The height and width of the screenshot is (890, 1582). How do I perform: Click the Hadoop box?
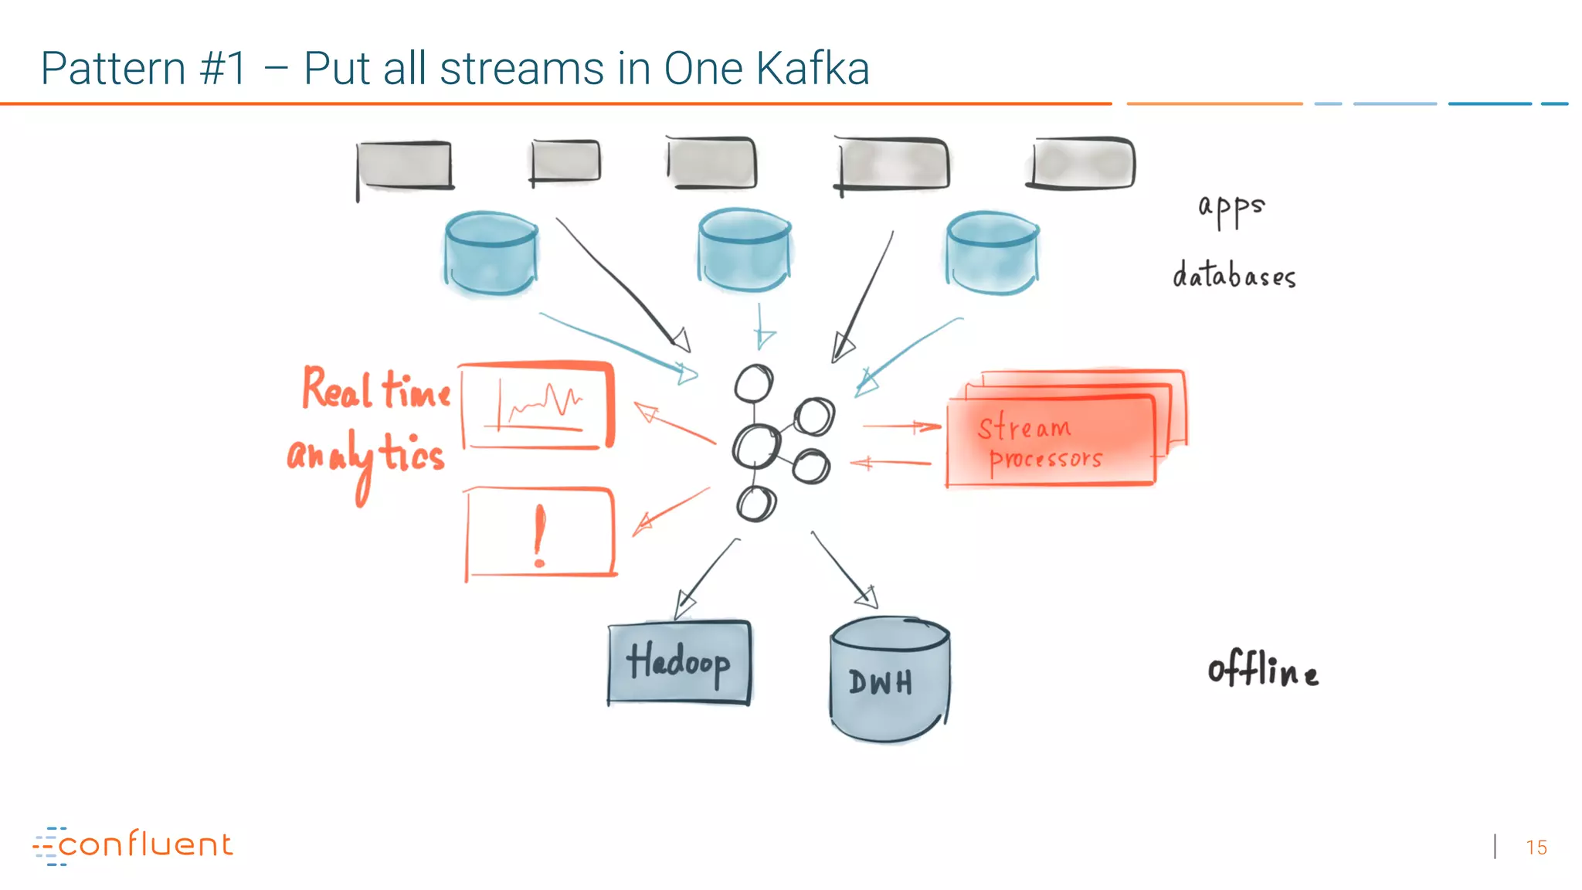(x=678, y=663)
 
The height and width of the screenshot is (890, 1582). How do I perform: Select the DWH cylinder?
(x=888, y=680)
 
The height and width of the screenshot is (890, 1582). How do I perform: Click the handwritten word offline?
(x=1262, y=669)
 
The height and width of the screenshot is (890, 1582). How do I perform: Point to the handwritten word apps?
(x=1231, y=208)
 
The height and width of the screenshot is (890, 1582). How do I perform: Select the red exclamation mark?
(x=539, y=535)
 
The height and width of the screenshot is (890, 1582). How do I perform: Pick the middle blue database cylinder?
(x=743, y=249)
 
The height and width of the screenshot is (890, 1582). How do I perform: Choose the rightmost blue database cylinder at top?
(x=992, y=253)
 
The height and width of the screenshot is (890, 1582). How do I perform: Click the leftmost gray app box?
(x=404, y=165)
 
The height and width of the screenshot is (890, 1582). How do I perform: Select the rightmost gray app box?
(x=1083, y=163)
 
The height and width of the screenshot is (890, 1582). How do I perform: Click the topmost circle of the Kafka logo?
(x=753, y=383)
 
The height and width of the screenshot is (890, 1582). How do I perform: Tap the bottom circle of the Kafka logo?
(x=755, y=504)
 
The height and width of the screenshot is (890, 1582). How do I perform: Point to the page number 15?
(x=1536, y=848)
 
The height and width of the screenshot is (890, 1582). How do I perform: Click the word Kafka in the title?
(x=813, y=69)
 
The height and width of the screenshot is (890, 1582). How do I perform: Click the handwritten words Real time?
(x=376, y=389)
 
